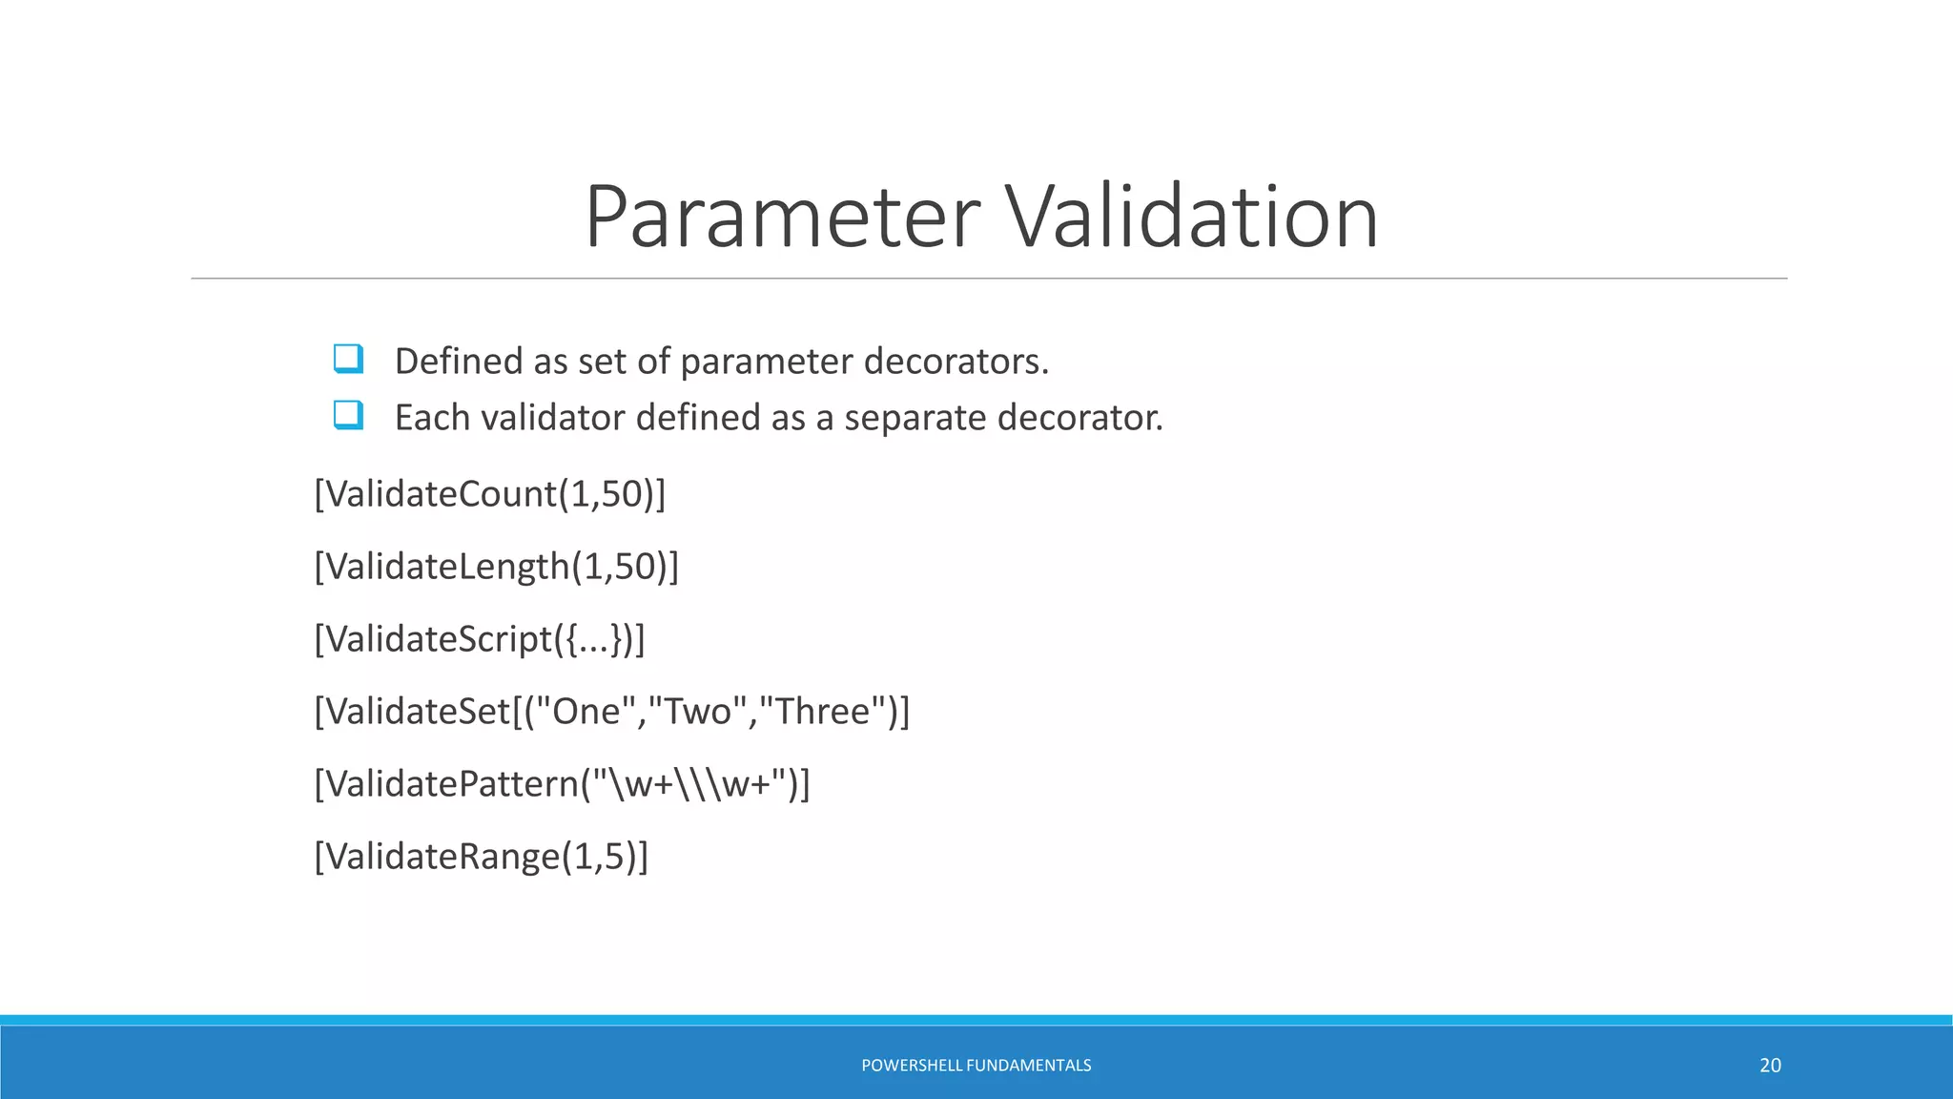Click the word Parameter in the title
[782, 218]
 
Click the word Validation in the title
[1192, 218]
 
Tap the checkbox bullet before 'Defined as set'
[348, 360]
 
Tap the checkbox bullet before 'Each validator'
[348, 416]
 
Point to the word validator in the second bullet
[551, 418]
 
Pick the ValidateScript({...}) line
[480, 639]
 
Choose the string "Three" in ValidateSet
[822, 712]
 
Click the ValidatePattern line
[562, 784]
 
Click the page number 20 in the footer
[1770, 1066]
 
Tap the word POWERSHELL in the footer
[911, 1066]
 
